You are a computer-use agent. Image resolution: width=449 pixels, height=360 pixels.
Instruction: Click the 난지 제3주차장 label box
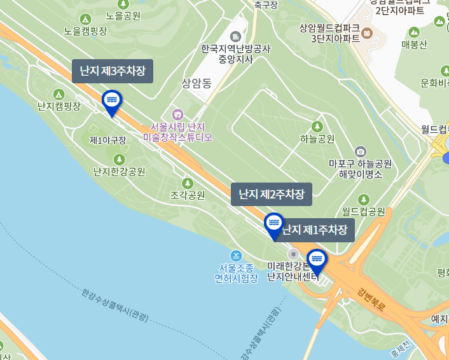tap(113, 71)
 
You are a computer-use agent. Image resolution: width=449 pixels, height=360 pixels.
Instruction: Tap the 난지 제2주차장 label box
tap(272, 194)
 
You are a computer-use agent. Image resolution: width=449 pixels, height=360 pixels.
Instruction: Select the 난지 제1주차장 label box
tap(315, 230)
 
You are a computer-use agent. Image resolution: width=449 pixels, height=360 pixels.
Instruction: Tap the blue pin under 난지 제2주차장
tap(274, 225)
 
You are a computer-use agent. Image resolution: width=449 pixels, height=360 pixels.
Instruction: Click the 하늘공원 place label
tap(317, 139)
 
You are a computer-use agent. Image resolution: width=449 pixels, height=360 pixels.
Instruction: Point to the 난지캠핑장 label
tap(59, 106)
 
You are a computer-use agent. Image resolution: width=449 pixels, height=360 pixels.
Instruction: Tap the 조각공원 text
tap(188, 195)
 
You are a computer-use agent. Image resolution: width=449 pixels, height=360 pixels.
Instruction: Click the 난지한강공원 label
tap(119, 171)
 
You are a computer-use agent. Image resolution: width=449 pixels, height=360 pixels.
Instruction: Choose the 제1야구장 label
tap(107, 140)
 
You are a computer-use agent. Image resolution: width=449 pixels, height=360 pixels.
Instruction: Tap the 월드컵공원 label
tap(363, 211)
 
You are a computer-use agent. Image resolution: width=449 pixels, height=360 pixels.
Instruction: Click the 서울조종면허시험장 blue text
tap(236, 273)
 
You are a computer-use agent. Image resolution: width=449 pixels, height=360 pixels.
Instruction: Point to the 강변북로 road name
tap(371, 299)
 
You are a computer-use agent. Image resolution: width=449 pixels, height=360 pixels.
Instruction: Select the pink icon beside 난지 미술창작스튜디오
tap(177, 114)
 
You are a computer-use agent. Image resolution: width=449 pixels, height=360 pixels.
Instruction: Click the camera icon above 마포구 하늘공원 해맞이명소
tap(361, 151)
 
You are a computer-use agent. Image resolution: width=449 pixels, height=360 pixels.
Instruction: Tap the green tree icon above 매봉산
tap(415, 32)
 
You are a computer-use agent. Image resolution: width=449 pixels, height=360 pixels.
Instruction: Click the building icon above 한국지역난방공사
tap(236, 36)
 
